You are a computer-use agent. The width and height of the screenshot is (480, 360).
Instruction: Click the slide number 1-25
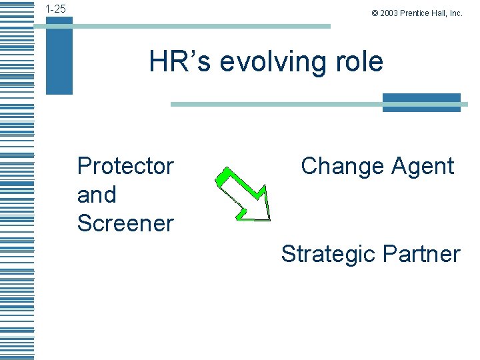55,9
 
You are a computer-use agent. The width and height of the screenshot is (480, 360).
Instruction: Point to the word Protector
125,166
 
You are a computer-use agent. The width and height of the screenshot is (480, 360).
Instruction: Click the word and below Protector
97,195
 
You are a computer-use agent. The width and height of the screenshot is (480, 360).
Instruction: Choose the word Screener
125,223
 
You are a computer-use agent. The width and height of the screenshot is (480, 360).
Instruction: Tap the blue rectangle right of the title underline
421,103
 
